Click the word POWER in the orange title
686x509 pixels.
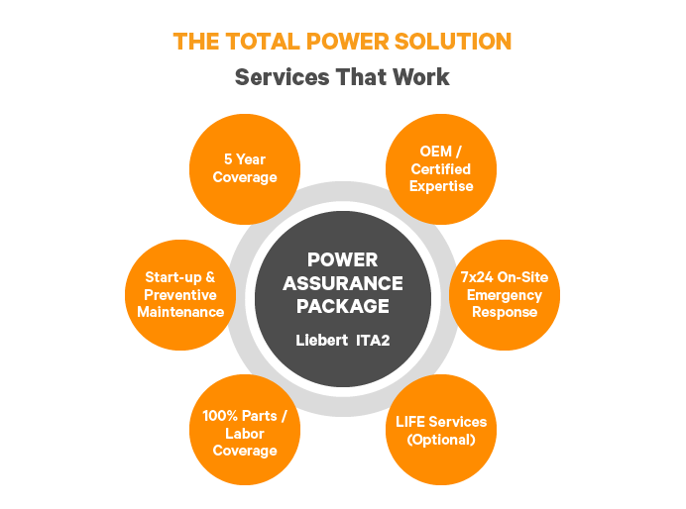[347, 42]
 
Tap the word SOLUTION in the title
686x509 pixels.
[453, 42]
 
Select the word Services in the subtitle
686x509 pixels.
[283, 77]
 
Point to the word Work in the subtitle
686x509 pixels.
[421, 77]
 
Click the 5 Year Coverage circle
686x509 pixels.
[245, 169]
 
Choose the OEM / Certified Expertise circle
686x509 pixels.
[441, 169]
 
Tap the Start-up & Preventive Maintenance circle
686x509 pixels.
[180, 295]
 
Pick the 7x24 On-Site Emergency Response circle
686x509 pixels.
[505, 295]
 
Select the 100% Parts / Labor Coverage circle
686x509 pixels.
[245, 430]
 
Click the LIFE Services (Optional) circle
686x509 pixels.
[441, 430]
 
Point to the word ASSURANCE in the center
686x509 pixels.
[343, 283]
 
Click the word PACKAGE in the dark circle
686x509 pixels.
[343, 306]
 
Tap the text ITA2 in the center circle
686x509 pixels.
[373, 341]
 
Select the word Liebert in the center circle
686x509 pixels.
[321, 341]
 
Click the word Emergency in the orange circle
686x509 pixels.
[505, 296]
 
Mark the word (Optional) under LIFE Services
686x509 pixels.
[441, 440]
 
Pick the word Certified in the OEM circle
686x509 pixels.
[441, 169]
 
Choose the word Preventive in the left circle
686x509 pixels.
[180, 295]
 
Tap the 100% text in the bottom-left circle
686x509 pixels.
[220, 416]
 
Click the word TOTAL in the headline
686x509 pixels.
[263, 42]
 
